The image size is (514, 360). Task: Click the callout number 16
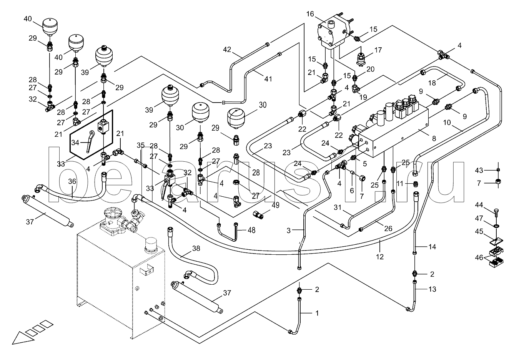(310, 14)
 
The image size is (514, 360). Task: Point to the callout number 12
(380, 257)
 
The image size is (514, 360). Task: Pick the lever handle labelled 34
(90, 141)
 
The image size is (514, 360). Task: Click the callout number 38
(196, 248)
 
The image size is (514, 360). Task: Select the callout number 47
(479, 218)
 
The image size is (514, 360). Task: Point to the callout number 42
(227, 49)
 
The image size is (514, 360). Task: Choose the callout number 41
(268, 79)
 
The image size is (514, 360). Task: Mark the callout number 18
(432, 83)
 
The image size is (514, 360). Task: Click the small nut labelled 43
(498, 170)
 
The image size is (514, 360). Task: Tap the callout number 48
(251, 230)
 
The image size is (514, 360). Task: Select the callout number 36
(72, 181)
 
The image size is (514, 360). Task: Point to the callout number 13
(432, 289)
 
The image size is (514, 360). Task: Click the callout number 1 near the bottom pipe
(317, 313)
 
